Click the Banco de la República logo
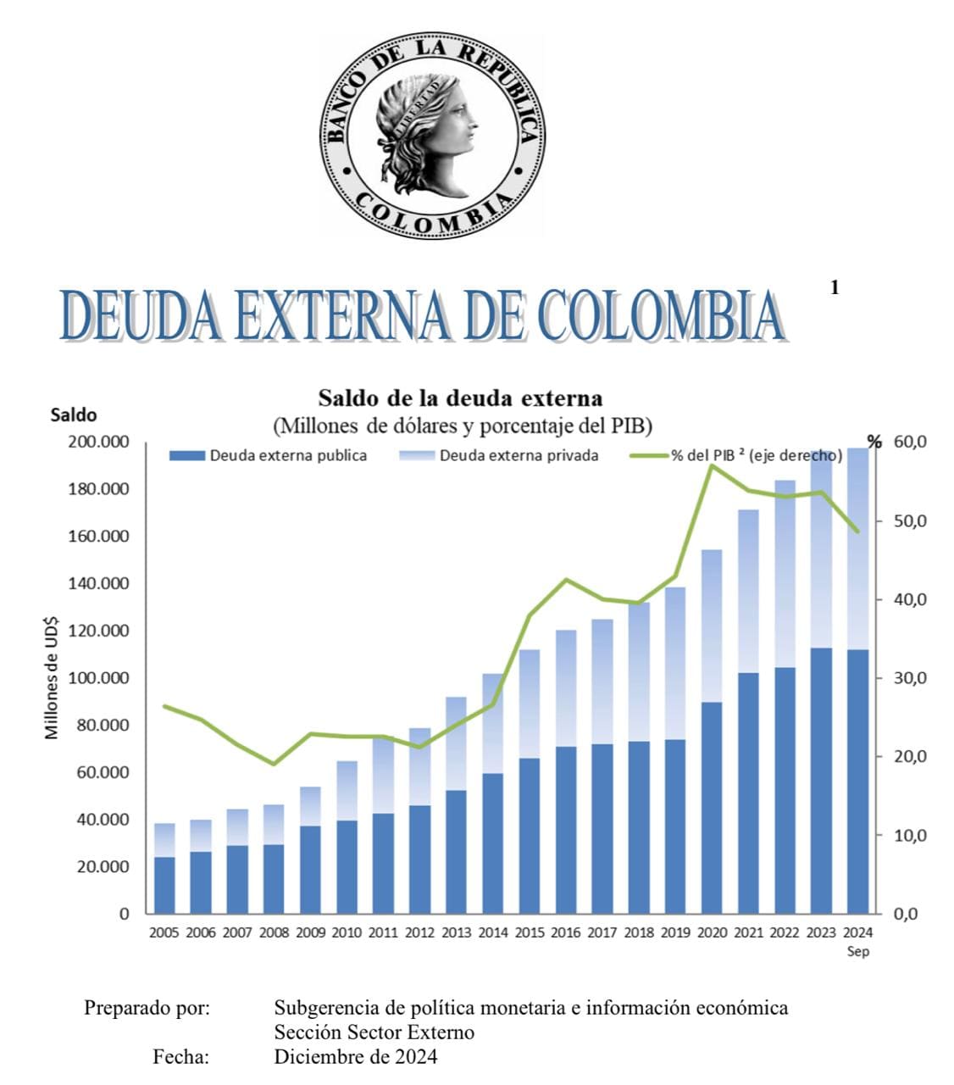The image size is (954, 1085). [432, 136]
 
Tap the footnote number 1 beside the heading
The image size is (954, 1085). [835, 288]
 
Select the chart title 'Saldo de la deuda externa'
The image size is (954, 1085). [460, 398]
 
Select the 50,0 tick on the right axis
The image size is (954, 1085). [910, 520]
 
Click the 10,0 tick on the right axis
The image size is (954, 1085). [910, 835]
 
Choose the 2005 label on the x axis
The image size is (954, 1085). [164, 933]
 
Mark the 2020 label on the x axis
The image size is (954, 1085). [712, 933]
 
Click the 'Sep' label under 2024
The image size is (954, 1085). [858, 951]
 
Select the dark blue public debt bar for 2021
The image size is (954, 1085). [748, 793]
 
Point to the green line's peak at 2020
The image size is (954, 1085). [712, 465]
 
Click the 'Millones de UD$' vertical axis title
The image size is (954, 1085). [53, 677]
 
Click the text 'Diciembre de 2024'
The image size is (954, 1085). [356, 1057]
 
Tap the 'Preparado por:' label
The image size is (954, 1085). [147, 1008]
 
